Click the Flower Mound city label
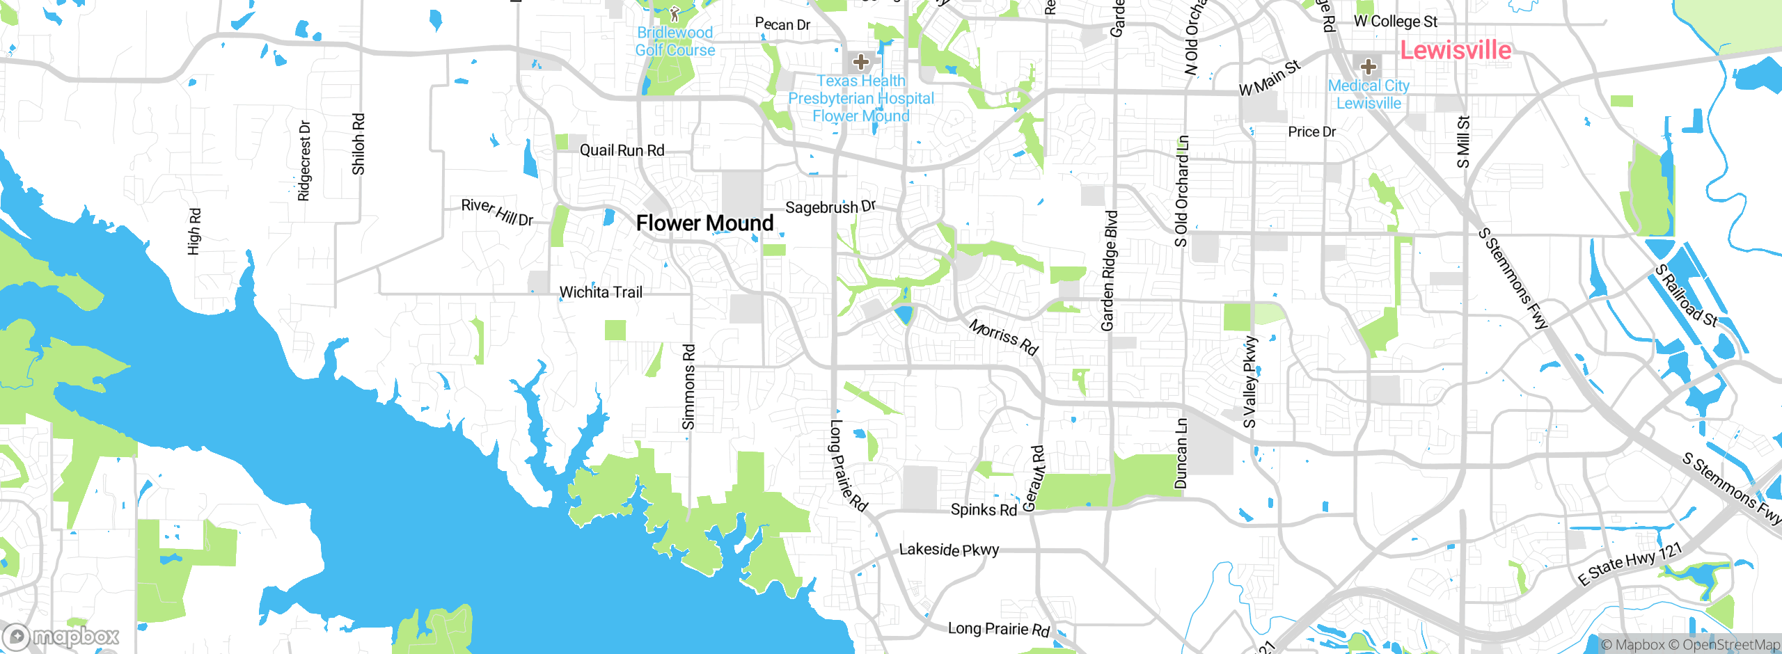coord(704,223)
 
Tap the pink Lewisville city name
coord(1455,50)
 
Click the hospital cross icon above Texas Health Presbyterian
coord(861,62)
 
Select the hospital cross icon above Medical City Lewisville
coord(1368,67)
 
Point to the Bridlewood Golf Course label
coord(675,42)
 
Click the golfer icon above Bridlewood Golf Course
coord(674,13)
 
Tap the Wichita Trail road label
coord(601,292)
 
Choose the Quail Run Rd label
coord(622,150)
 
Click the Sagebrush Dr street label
coord(830,207)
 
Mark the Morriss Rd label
coord(1003,337)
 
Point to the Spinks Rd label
coord(983,510)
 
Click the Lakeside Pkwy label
coord(949,550)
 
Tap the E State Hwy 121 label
coord(1629,564)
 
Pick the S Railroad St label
coord(1685,296)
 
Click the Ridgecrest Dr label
coord(304,161)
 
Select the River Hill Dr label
coord(497,212)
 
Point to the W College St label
coord(1395,22)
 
